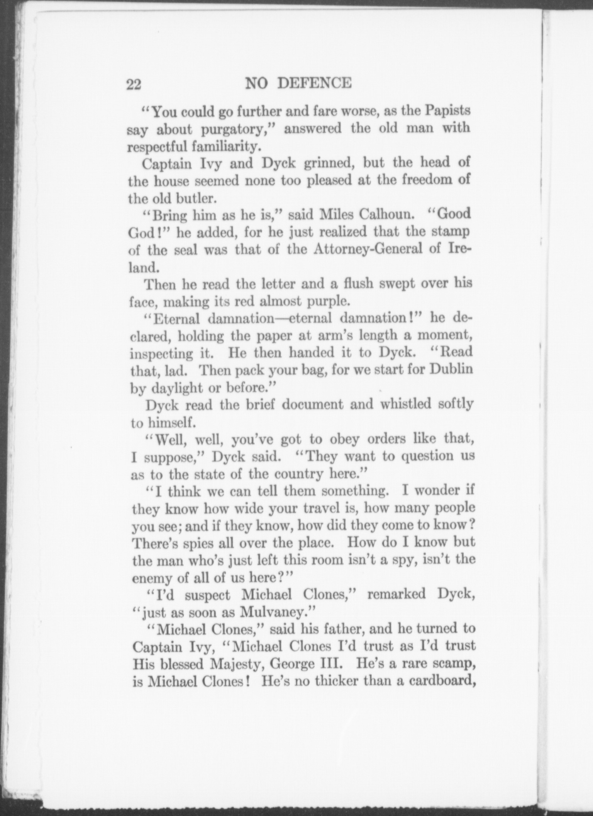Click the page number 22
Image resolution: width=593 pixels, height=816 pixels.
(x=134, y=84)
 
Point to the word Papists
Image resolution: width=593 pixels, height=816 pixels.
(x=448, y=111)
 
